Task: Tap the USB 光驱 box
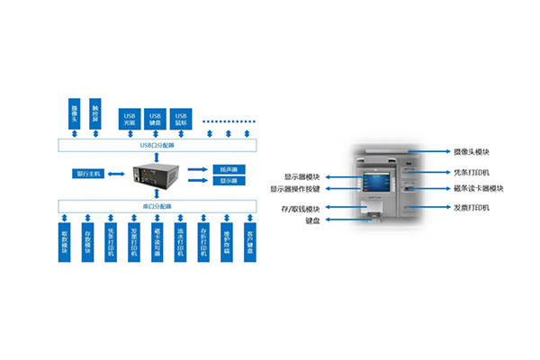129,118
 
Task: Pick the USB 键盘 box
155,118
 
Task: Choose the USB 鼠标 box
182,118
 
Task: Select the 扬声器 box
226,168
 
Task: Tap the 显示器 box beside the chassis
226,181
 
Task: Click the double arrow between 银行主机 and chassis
117,173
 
